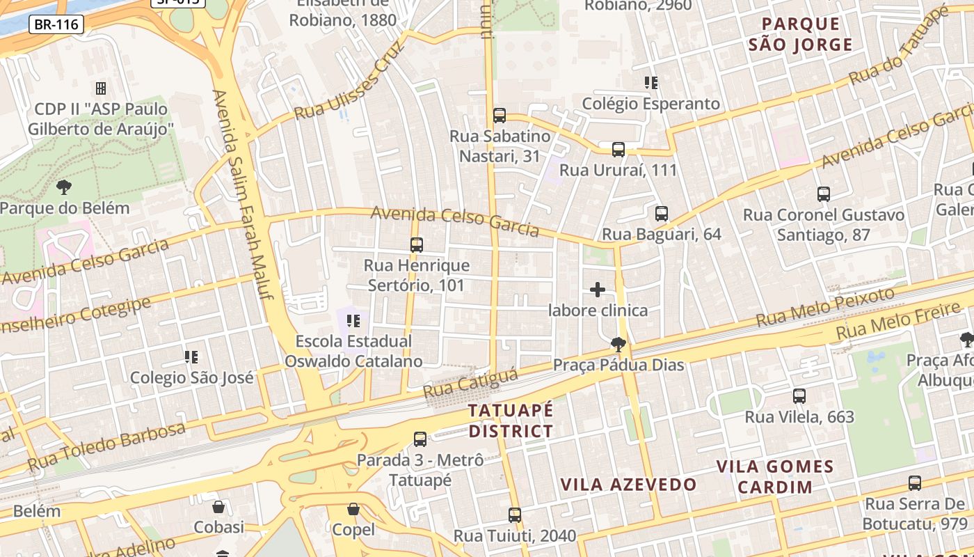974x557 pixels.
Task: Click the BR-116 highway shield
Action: tap(56, 25)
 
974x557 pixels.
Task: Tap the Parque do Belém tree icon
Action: tap(64, 187)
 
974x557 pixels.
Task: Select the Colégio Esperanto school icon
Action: tap(651, 83)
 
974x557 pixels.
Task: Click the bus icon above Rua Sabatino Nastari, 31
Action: tap(499, 116)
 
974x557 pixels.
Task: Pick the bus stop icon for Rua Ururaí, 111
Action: tap(618, 150)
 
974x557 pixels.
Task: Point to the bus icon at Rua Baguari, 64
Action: tap(661, 214)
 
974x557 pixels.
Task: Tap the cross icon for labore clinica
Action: tap(598, 290)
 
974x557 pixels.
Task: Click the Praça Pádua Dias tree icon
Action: tap(617, 344)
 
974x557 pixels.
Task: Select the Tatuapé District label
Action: tap(511, 421)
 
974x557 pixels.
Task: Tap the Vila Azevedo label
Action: tap(628, 485)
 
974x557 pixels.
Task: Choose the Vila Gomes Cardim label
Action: tap(775, 476)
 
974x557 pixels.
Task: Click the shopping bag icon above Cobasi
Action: tap(218, 507)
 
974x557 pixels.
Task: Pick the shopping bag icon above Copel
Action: tap(353, 509)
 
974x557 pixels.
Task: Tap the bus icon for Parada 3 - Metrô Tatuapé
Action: tap(420, 439)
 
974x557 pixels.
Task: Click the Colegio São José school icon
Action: tap(191, 357)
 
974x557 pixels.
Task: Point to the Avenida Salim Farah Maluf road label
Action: tap(244, 195)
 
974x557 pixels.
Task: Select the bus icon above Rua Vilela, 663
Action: tap(799, 396)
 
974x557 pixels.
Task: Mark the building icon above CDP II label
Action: tap(101, 88)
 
